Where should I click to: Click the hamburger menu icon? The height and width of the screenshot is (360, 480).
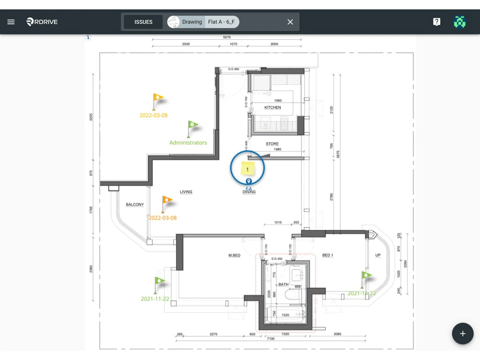pyautogui.click(x=11, y=22)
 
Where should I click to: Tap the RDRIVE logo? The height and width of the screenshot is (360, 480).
pyautogui.click(x=42, y=22)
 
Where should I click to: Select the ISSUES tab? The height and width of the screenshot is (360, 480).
pyautogui.click(x=143, y=22)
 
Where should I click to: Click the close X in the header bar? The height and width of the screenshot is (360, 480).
pyautogui.click(x=290, y=22)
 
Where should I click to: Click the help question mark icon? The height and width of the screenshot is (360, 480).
pyautogui.click(x=436, y=22)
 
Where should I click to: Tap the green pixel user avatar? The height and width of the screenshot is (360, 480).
pyautogui.click(x=460, y=22)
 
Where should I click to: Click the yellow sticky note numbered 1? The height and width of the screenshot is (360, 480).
pyautogui.click(x=247, y=169)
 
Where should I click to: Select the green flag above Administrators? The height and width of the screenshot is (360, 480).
pyautogui.click(x=193, y=126)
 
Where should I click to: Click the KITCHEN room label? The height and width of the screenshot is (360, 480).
pyautogui.click(x=272, y=107)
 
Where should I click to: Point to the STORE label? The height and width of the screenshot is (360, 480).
pyautogui.click(x=272, y=144)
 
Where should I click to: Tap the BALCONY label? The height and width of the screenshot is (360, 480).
pyautogui.click(x=135, y=204)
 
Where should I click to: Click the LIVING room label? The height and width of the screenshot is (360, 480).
pyautogui.click(x=186, y=192)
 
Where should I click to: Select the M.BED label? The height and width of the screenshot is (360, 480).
pyautogui.click(x=234, y=255)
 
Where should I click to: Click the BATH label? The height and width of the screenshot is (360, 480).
pyautogui.click(x=284, y=285)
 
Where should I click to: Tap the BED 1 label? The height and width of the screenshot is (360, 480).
pyautogui.click(x=328, y=255)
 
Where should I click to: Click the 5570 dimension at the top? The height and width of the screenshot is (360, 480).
pyautogui.click(x=227, y=37)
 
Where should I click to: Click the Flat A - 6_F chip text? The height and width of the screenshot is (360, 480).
pyautogui.click(x=221, y=22)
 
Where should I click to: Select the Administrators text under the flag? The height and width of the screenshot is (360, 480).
pyautogui.click(x=188, y=142)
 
